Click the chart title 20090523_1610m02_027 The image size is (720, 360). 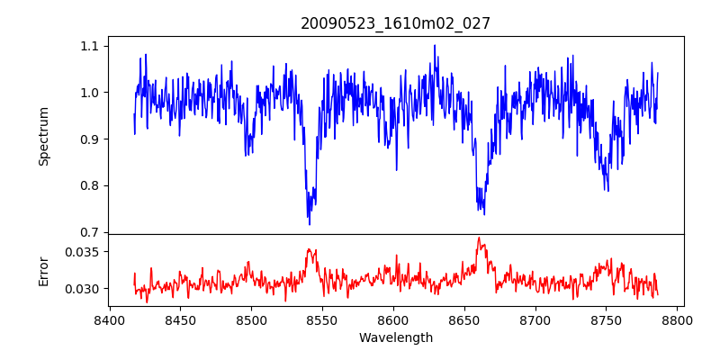point(395,23)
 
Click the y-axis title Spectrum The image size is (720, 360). point(43,136)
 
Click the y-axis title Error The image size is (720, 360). point(43,270)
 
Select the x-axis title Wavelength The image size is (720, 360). point(395,338)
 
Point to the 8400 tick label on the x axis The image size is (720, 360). point(110,319)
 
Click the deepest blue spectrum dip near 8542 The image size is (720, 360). point(310,223)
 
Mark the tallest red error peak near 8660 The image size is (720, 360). point(479,238)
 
